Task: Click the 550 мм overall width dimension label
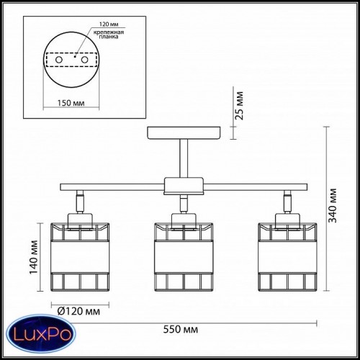coord(181,329)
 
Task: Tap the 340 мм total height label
coord(333,206)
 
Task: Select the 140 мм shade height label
coord(34,257)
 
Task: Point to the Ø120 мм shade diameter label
coord(78,311)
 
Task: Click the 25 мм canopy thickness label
coord(239,106)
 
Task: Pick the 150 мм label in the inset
coord(71,103)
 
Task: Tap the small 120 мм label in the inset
coord(109,24)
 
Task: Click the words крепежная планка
coord(109,35)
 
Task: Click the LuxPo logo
coord(41,334)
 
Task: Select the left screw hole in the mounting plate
coord(59,60)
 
